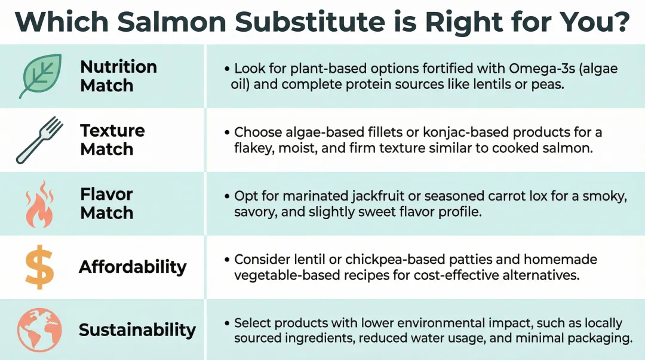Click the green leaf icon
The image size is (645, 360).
pyautogui.click(x=40, y=76)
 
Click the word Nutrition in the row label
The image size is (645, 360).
pyautogui.click(x=118, y=66)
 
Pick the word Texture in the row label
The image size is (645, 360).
pyautogui.click(x=112, y=130)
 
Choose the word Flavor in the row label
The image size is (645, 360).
pyautogui.click(x=106, y=194)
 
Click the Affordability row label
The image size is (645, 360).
pyautogui.click(x=133, y=267)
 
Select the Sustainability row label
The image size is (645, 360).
pyautogui.click(x=137, y=330)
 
